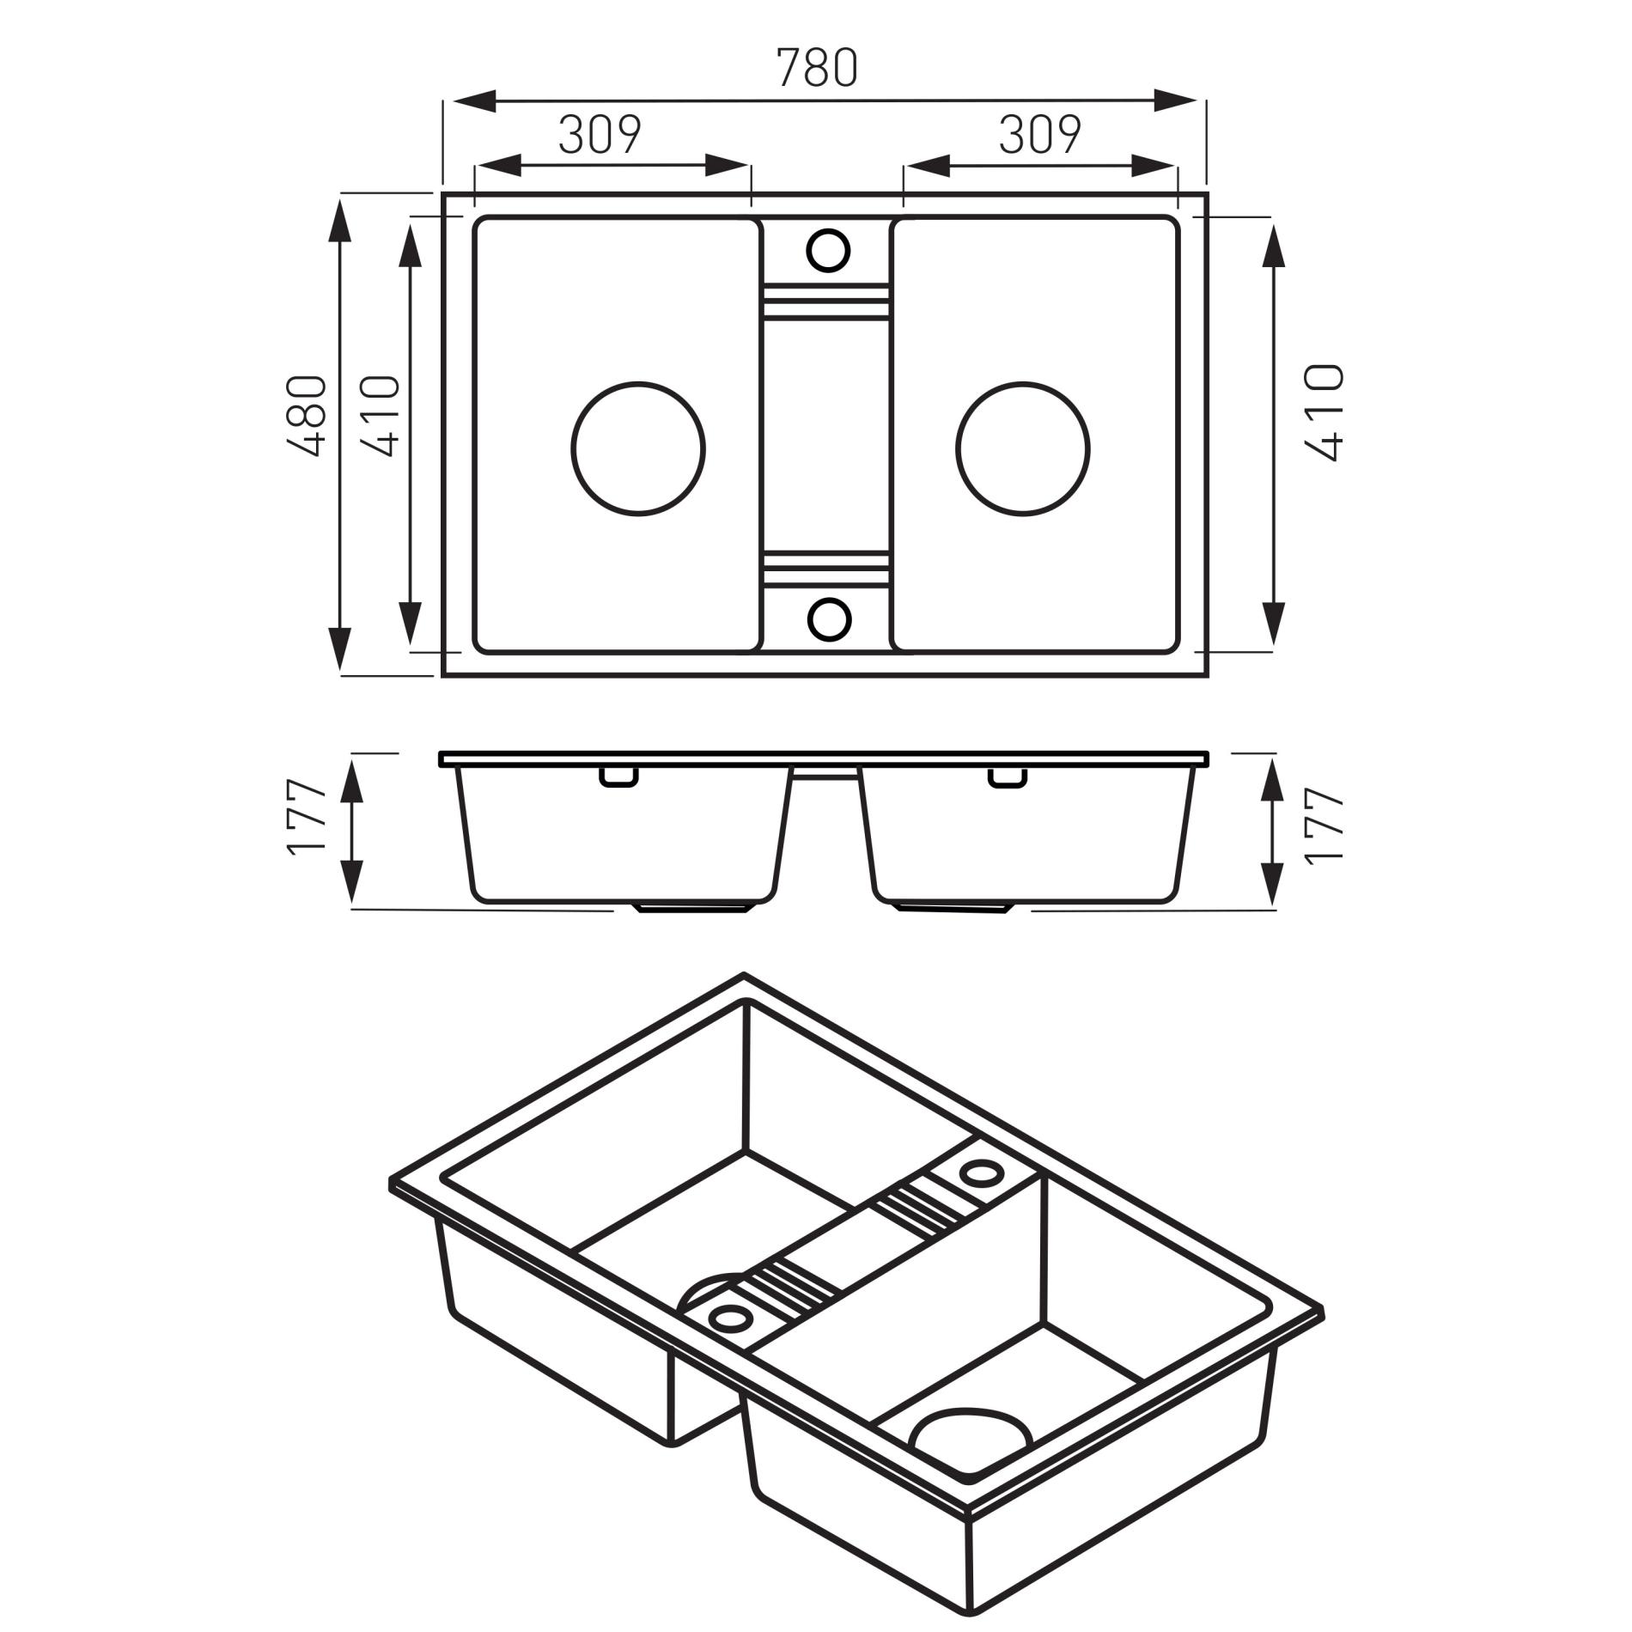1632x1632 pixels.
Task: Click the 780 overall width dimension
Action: point(817,68)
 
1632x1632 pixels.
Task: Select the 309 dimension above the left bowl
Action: point(600,134)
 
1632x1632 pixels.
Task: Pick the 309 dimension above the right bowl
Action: point(1040,134)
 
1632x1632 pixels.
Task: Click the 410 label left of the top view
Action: point(381,416)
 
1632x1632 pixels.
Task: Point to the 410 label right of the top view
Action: point(1323,413)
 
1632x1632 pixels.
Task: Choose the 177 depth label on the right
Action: point(1323,825)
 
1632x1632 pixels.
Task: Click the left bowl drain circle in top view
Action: point(638,448)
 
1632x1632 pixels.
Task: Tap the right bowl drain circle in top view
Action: point(1023,448)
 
